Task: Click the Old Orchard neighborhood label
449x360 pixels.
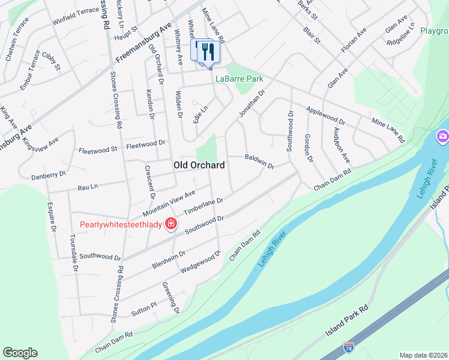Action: (x=199, y=165)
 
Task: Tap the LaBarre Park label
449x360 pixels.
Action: (x=240, y=79)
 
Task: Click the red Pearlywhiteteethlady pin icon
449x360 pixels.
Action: (x=171, y=224)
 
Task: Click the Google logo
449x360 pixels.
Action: (x=20, y=353)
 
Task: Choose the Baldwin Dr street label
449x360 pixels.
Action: (x=259, y=161)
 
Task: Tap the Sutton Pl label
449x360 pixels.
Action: (x=144, y=310)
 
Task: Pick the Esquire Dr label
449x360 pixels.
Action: (x=52, y=217)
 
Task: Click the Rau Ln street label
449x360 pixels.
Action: (x=88, y=187)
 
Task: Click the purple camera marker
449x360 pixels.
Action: (x=443, y=136)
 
